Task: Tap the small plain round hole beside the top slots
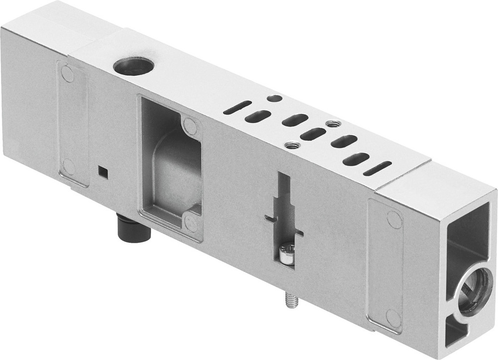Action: click(274, 98)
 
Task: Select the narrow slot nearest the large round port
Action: click(238, 107)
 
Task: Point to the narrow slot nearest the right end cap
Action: click(377, 168)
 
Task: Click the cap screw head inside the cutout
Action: click(286, 252)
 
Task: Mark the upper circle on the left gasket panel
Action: click(68, 75)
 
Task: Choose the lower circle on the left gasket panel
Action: click(69, 166)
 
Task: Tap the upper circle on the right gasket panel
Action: click(394, 220)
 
